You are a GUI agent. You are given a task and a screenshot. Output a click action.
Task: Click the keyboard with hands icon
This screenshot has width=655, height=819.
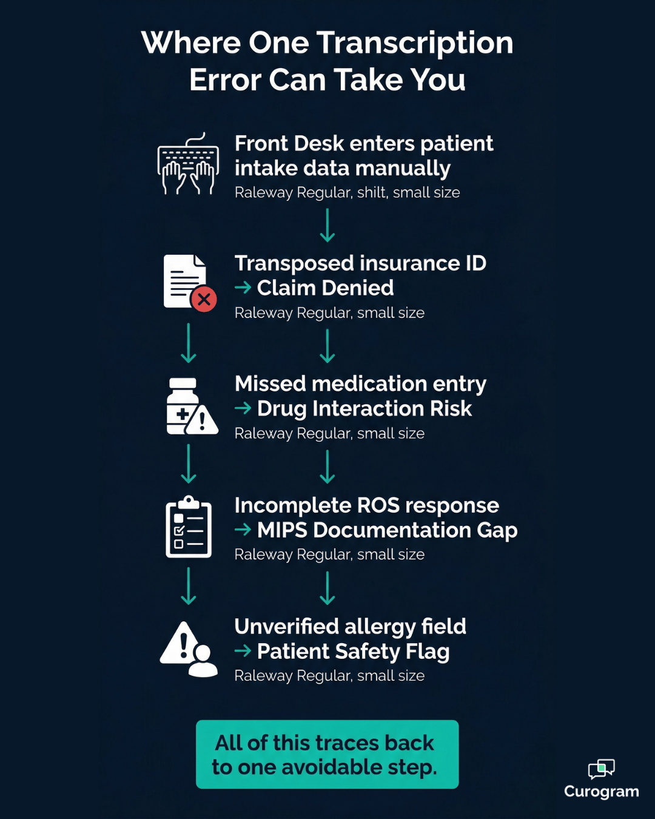pos(188,165)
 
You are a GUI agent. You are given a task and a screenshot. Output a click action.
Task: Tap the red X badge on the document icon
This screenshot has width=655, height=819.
pos(204,299)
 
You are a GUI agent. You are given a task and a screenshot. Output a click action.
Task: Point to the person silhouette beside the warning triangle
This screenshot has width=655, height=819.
pos(203,662)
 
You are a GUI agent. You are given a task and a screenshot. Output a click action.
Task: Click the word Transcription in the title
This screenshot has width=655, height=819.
pos(415,43)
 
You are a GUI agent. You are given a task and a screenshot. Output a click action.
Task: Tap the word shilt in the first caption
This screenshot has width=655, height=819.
pos(371,193)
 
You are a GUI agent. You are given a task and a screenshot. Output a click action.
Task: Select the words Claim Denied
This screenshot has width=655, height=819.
pos(325,288)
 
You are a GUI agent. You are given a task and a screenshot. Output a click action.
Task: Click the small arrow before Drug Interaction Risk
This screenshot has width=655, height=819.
pos(243,408)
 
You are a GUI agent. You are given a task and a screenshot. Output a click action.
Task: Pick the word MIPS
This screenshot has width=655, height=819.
pos(282,530)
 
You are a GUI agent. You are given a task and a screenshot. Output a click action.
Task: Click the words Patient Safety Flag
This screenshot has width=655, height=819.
pos(353,652)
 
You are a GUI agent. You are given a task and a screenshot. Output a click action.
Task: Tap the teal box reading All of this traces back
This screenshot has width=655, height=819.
pos(327,754)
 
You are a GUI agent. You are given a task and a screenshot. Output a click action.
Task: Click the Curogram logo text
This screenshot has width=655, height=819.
pos(601,792)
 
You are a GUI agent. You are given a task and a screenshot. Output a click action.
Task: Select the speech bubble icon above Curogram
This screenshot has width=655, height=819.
pos(601,769)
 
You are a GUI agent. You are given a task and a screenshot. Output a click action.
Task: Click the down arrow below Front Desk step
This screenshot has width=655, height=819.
pos(327,225)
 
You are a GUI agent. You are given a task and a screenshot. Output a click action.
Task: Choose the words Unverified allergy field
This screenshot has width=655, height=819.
pos(350,627)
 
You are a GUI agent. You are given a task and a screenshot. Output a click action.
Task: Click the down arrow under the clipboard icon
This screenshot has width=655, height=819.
pos(189,585)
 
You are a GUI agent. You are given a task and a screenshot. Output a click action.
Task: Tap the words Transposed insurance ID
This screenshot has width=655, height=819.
pos(360,263)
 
